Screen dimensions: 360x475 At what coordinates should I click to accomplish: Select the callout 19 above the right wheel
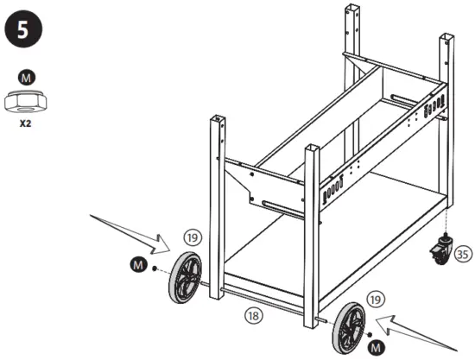tap(374, 298)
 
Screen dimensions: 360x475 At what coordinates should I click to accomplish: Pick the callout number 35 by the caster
tap(464, 254)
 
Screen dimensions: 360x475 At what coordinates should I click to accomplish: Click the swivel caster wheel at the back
tap(440, 251)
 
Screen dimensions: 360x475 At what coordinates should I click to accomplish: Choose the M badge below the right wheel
tap(373, 346)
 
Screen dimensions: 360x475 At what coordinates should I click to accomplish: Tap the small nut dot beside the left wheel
tap(154, 269)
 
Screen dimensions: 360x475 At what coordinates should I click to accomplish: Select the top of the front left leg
tap(218, 118)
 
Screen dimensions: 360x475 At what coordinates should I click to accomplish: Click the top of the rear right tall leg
tap(446, 38)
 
